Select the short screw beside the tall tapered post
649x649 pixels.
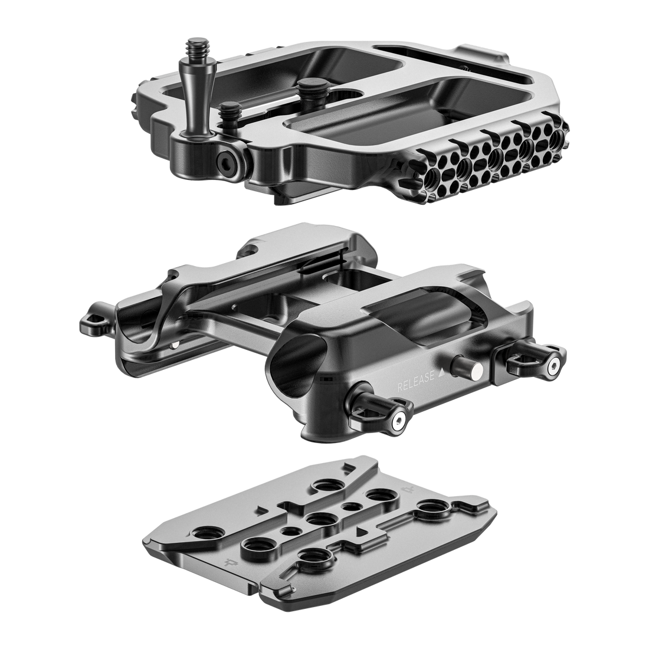(227, 110)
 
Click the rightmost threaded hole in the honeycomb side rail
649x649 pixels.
(558, 140)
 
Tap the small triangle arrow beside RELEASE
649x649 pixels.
(441, 374)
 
